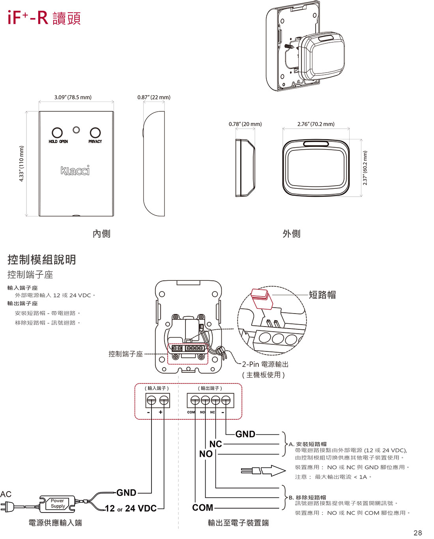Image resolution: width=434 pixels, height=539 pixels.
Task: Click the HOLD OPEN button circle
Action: click(x=57, y=133)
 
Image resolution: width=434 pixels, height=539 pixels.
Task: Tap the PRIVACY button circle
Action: click(x=95, y=133)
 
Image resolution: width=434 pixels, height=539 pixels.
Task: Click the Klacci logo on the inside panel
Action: click(x=75, y=170)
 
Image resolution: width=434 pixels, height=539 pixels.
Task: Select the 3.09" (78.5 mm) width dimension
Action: click(x=73, y=97)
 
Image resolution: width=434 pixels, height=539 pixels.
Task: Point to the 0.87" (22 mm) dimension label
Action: click(x=154, y=97)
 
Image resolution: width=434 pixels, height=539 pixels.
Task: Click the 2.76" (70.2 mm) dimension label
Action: click(x=316, y=124)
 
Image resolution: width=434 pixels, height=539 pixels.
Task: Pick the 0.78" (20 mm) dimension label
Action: click(x=245, y=124)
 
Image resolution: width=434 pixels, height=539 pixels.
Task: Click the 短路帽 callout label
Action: click(x=322, y=295)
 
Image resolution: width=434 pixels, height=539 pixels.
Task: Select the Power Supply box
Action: click(x=58, y=503)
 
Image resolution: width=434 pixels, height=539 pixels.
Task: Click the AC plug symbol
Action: click(x=7, y=506)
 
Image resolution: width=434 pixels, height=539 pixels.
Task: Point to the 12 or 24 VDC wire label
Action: click(x=131, y=509)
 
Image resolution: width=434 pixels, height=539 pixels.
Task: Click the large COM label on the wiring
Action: click(x=202, y=508)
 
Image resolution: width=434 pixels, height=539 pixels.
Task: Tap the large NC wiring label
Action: click(x=215, y=444)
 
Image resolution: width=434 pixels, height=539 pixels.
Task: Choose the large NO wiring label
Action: click(x=206, y=454)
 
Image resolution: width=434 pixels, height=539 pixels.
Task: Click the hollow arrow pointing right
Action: click(x=272, y=471)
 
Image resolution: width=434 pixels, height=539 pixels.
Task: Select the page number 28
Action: click(x=417, y=533)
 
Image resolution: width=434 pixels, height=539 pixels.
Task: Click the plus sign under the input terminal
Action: click(x=161, y=412)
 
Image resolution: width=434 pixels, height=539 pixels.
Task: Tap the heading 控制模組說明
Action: click(x=42, y=259)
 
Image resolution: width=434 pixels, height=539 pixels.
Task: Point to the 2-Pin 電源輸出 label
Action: click(x=265, y=364)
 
